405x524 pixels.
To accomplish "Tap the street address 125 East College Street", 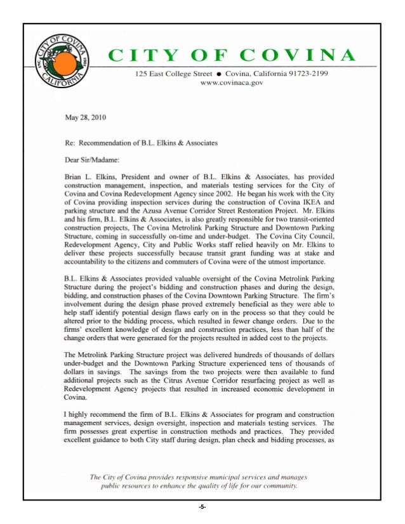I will (x=173, y=74).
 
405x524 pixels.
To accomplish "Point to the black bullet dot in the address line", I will (x=218, y=74).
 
